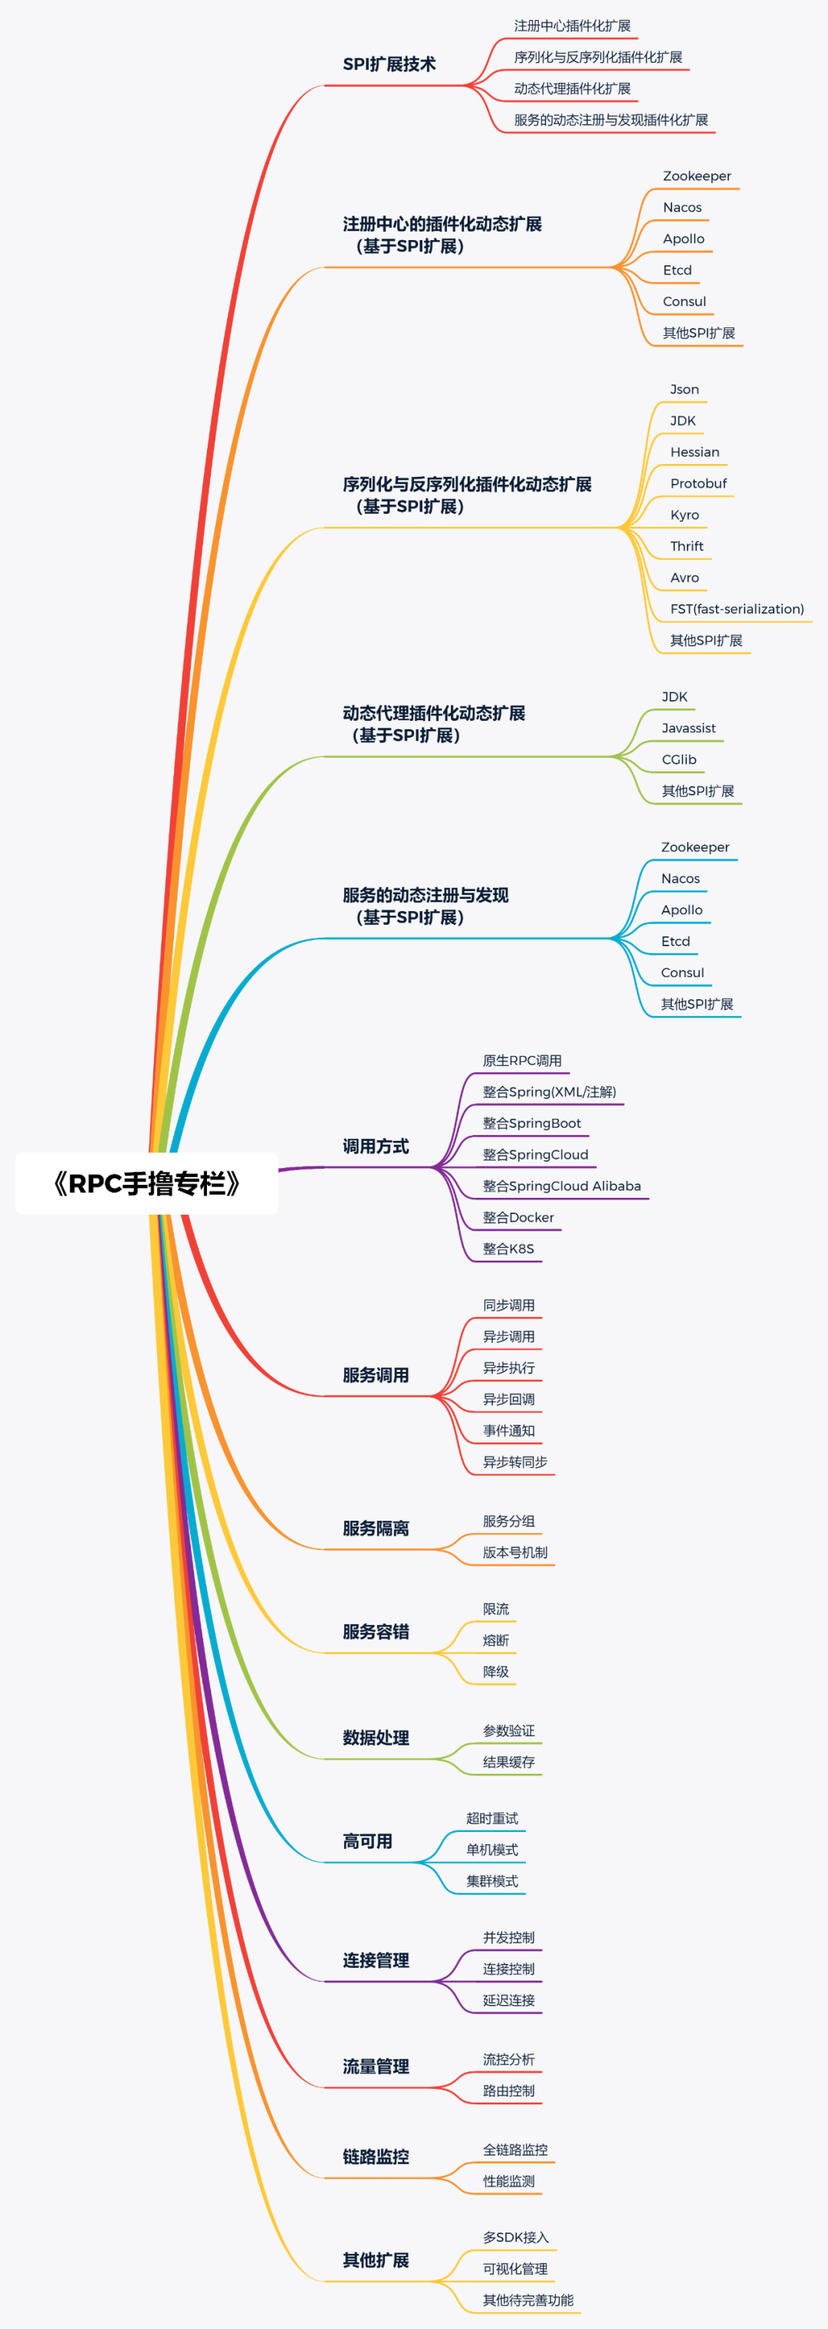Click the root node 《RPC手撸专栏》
(x=146, y=1183)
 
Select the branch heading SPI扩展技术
(x=389, y=64)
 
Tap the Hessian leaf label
(x=695, y=452)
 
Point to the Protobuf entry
(x=698, y=484)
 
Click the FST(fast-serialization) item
(x=737, y=610)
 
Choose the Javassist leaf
(x=688, y=729)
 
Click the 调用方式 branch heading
(x=375, y=1146)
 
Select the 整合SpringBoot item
(x=531, y=1123)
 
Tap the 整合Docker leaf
(x=518, y=1218)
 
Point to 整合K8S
(x=508, y=1249)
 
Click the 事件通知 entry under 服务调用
(x=508, y=1431)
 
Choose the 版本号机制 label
(x=514, y=1552)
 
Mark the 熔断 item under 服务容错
(x=495, y=1640)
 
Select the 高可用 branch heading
(x=367, y=1842)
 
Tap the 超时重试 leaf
(x=491, y=1818)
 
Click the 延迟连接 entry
(x=508, y=2000)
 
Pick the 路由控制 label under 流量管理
(x=508, y=2091)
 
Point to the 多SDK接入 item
(x=515, y=2238)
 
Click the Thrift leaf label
(x=686, y=547)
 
